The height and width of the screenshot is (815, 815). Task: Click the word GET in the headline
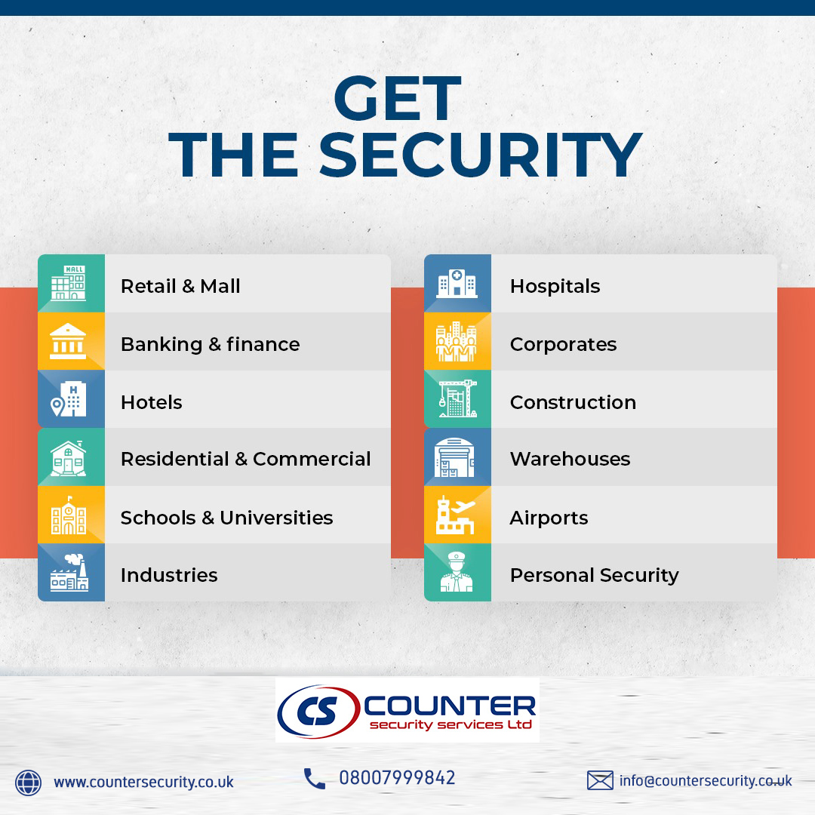(398, 98)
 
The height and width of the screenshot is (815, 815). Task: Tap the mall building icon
(68, 283)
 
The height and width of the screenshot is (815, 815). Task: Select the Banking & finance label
(210, 345)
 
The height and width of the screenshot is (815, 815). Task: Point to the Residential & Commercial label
(245, 459)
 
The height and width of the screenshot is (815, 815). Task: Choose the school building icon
(68, 515)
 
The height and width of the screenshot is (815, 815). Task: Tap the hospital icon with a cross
(457, 283)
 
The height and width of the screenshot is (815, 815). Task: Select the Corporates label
(563, 345)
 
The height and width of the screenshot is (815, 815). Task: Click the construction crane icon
(457, 398)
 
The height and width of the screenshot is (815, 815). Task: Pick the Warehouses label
(570, 459)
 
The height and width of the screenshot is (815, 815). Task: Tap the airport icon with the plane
(455, 515)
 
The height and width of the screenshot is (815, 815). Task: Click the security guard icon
(457, 572)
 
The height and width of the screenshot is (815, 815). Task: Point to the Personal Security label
(594, 575)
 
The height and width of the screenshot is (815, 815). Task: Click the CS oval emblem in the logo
(318, 711)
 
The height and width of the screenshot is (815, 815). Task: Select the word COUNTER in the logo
(450, 706)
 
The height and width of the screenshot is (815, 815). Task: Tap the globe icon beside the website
(28, 783)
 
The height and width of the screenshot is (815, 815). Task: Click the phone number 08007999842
(397, 778)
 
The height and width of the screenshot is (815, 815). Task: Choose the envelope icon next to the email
(600, 781)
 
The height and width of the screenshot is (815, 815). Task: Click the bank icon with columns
(68, 341)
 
